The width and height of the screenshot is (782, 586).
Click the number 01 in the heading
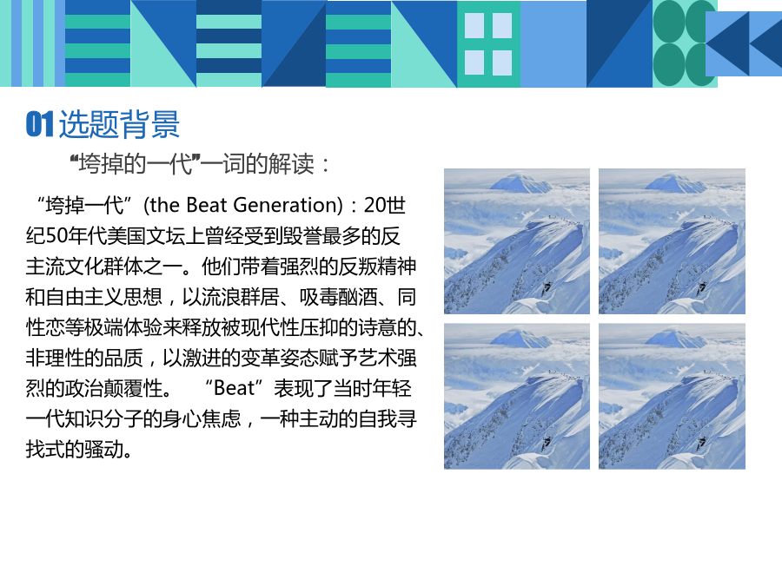(39, 124)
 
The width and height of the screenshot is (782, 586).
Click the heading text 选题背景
(119, 124)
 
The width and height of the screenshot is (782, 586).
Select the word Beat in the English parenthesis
(207, 205)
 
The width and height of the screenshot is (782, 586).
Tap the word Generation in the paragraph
(285, 205)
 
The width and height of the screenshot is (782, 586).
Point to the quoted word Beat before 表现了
(234, 388)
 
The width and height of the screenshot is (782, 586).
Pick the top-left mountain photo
(517, 241)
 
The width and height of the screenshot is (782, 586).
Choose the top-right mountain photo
(672, 241)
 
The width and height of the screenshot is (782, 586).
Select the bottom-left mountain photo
(517, 396)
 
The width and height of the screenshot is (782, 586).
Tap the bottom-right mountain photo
(672, 396)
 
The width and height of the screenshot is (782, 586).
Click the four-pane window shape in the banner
(488, 44)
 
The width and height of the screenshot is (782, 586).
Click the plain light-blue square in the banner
(553, 44)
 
